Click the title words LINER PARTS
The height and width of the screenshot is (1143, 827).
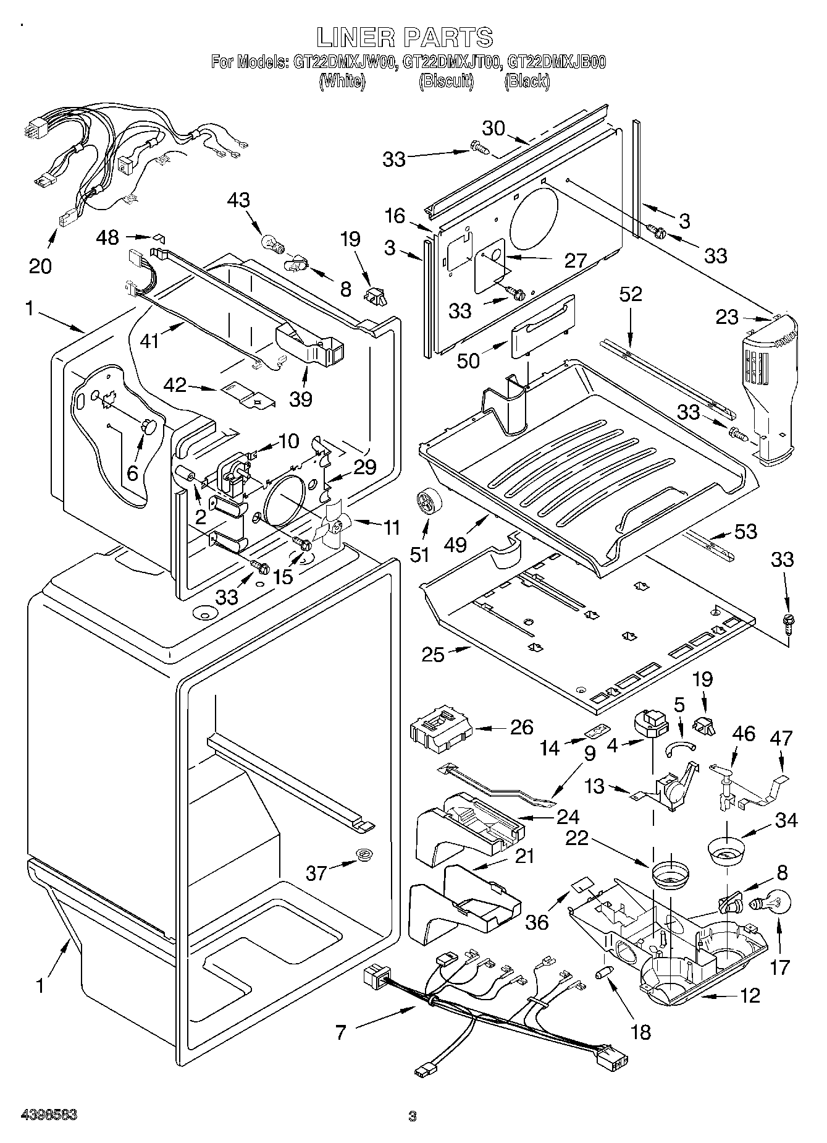(405, 38)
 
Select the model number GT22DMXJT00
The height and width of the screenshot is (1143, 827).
(451, 62)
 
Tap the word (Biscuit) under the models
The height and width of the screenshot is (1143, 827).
(446, 81)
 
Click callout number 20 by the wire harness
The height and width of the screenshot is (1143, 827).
(40, 266)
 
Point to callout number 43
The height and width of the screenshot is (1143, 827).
(238, 200)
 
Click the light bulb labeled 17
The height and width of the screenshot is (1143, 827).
(768, 903)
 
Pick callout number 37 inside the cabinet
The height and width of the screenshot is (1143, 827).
(317, 873)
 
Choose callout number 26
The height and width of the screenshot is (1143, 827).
(521, 727)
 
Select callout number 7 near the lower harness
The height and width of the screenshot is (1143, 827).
(342, 1031)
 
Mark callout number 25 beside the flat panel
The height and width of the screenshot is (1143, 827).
(433, 654)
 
